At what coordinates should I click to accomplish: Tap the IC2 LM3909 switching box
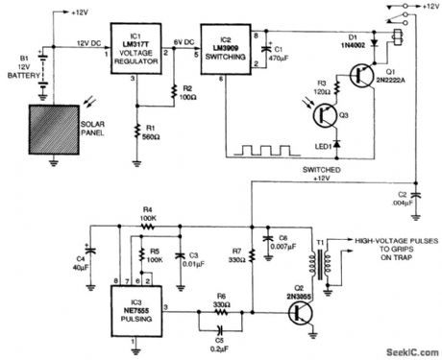pyautogui.click(x=225, y=45)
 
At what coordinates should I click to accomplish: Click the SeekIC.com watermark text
pyautogui.click(x=408, y=350)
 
